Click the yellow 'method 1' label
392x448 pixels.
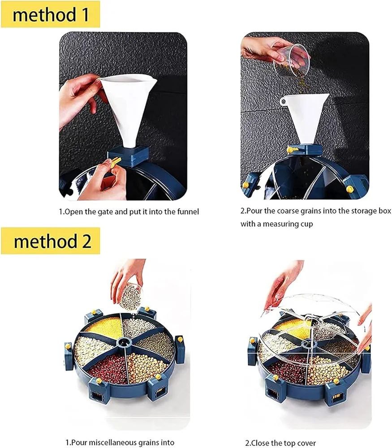coord(50,14)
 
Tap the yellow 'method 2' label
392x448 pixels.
coord(51,241)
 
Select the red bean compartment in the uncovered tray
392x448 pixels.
coord(106,368)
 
